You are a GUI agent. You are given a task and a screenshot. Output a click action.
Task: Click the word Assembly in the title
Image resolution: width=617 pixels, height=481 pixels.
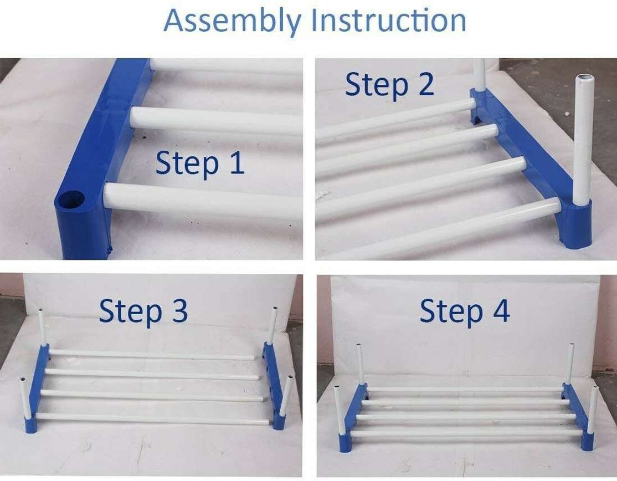(233, 21)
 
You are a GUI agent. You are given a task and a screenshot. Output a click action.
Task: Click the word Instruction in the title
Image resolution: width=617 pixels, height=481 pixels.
(388, 21)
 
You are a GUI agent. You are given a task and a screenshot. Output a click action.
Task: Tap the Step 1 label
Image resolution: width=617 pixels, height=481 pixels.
(199, 163)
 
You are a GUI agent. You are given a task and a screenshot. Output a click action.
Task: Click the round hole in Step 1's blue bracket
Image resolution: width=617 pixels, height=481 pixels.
(72, 201)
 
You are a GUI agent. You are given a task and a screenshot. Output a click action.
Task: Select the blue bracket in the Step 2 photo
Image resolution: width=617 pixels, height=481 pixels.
(526, 150)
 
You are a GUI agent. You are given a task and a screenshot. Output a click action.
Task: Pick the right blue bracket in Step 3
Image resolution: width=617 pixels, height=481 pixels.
(273, 382)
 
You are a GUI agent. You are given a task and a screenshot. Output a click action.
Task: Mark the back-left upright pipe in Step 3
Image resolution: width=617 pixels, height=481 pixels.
(42, 328)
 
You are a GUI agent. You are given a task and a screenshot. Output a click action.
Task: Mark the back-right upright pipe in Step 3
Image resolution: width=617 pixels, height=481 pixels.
(273, 326)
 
